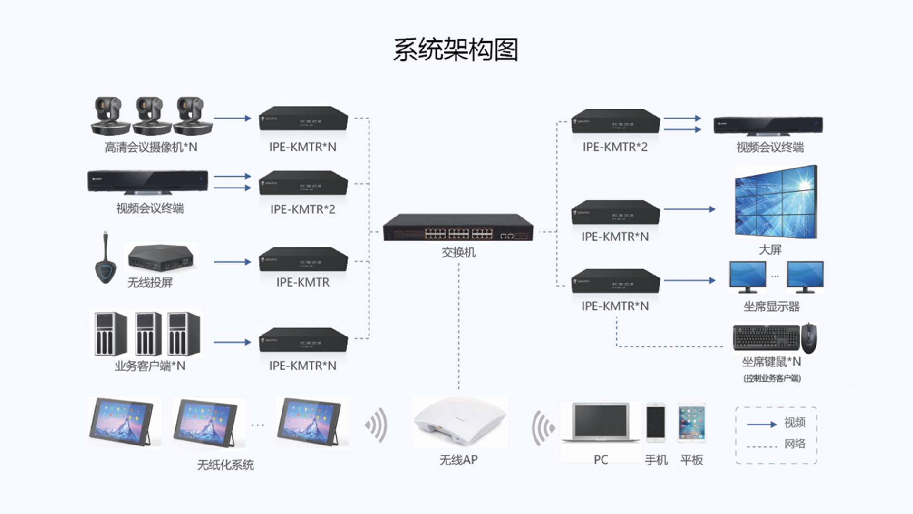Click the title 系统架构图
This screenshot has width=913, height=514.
pyautogui.click(x=456, y=50)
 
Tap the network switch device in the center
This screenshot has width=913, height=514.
pyautogui.click(x=458, y=227)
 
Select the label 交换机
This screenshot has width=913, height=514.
pyautogui.click(x=458, y=252)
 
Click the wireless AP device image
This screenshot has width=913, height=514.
pyautogui.click(x=460, y=421)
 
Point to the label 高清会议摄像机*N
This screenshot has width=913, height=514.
pyautogui.click(x=151, y=148)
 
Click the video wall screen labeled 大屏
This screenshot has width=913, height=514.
pyautogui.click(x=776, y=202)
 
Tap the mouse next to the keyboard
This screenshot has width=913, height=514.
pyautogui.click(x=809, y=337)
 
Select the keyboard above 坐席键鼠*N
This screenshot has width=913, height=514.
pyautogui.click(x=767, y=337)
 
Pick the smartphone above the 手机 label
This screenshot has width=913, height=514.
pyautogui.click(x=656, y=423)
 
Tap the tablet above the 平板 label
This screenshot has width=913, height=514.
pyautogui.click(x=691, y=423)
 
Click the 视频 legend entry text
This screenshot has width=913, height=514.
pyautogui.click(x=795, y=423)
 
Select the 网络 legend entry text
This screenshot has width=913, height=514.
pyautogui.click(x=795, y=444)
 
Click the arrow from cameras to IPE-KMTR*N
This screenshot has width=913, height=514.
pyautogui.click(x=232, y=118)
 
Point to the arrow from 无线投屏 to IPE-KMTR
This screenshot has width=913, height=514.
pyautogui.click(x=232, y=262)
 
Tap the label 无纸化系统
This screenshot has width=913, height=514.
pyautogui.click(x=225, y=465)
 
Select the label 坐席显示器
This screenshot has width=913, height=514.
pyautogui.click(x=771, y=306)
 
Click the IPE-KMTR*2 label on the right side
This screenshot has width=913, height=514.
pyautogui.click(x=615, y=147)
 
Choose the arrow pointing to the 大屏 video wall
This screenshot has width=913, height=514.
pyautogui.click(x=690, y=209)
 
